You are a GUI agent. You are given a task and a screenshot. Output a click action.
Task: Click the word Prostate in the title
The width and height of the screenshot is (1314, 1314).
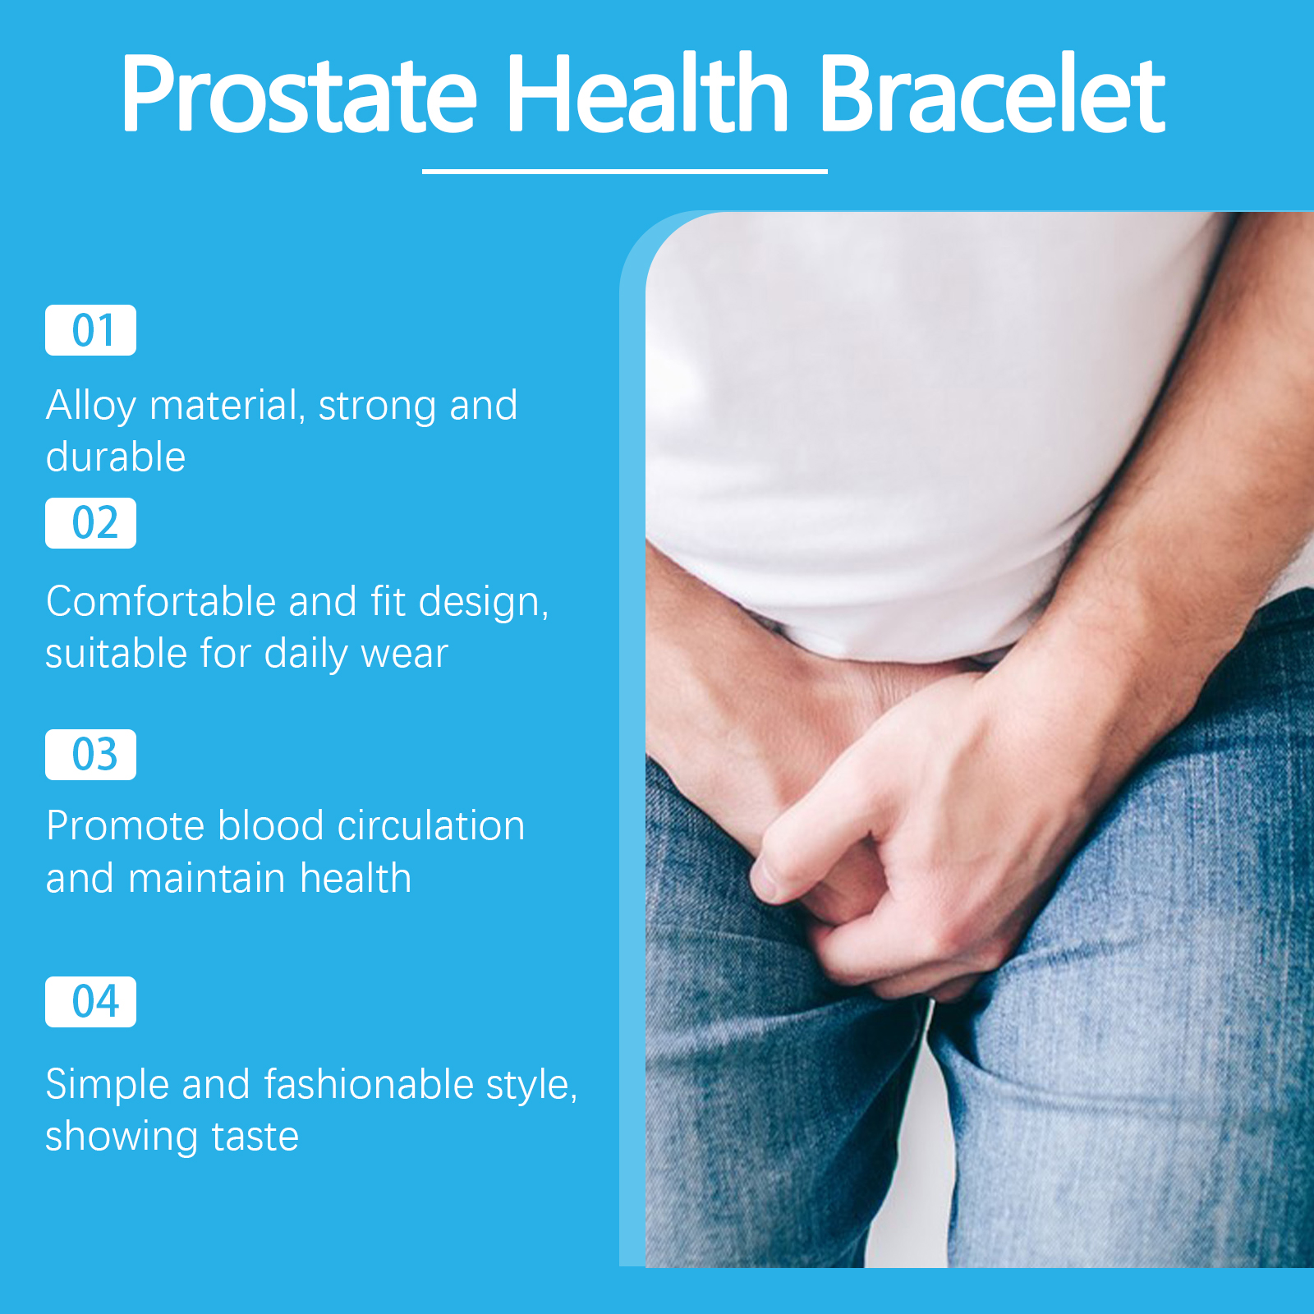tap(299, 92)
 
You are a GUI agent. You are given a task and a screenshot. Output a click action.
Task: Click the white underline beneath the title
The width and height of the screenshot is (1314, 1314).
tap(624, 171)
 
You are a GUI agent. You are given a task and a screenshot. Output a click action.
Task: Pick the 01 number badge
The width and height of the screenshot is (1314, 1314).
tap(90, 330)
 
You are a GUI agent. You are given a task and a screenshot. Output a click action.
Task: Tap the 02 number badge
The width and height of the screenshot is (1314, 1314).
tap(90, 523)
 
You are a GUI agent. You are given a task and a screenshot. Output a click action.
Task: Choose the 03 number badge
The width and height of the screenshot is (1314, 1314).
tap(90, 755)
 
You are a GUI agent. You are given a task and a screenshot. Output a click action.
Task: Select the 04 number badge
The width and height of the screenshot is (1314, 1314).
tap(90, 1002)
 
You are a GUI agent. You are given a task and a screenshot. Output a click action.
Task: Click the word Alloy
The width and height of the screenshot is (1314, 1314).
tap(91, 407)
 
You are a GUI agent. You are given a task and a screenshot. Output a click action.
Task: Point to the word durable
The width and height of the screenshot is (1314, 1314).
tap(116, 457)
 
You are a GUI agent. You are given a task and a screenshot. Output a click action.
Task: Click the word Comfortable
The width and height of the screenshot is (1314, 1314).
tap(161, 601)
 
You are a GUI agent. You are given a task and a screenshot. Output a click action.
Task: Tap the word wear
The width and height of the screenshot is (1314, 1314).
tap(405, 655)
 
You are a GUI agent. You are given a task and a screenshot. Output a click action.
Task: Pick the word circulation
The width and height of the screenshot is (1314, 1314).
tap(431, 826)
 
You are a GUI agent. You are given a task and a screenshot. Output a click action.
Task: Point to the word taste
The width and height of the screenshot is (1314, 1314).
tap(255, 1137)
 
